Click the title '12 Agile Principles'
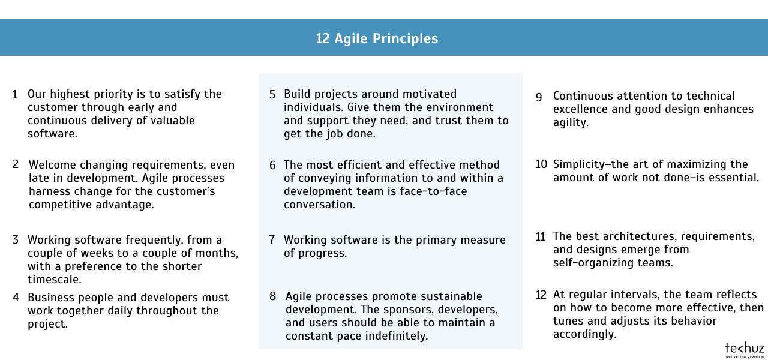[377, 38]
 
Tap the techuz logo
[745, 350]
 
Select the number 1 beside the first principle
[15, 95]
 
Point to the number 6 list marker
[272, 166]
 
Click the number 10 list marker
[541, 164]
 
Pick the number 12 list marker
[541, 295]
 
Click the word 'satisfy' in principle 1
[183, 95]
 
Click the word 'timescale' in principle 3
[53, 280]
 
